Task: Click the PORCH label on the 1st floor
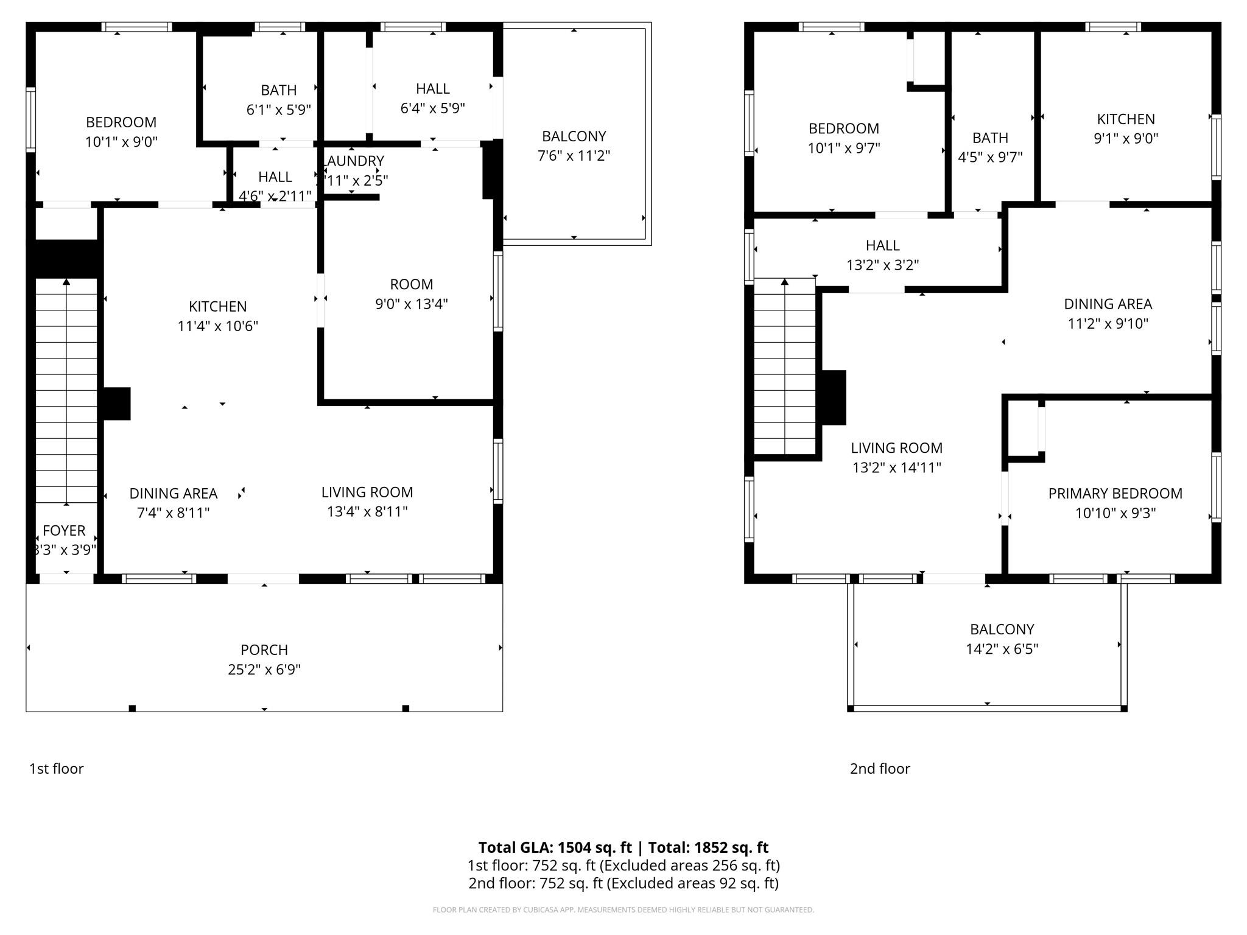tap(264, 650)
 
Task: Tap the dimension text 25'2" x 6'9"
tap(264, 670)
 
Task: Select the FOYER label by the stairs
tap(64, 530)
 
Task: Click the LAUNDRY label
tap(354, 161)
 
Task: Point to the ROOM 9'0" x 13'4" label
tap(412, 284)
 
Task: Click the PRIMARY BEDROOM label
tap(1115, 493)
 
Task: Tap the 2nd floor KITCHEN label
tap(1125, 119)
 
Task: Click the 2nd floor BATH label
tap(990, 138)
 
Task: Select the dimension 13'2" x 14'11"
tap(896, 467)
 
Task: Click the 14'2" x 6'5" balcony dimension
tap(1002, 649)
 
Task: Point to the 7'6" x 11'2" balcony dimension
tap(574, 156)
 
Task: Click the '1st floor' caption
tap(56, 768)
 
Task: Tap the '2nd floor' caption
tap(879, 768)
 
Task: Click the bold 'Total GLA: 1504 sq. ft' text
tap(555, 847)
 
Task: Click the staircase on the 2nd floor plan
tap(784, 368)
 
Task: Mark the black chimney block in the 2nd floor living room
tap(834, 397)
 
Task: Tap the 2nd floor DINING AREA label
tap(1108, 304)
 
